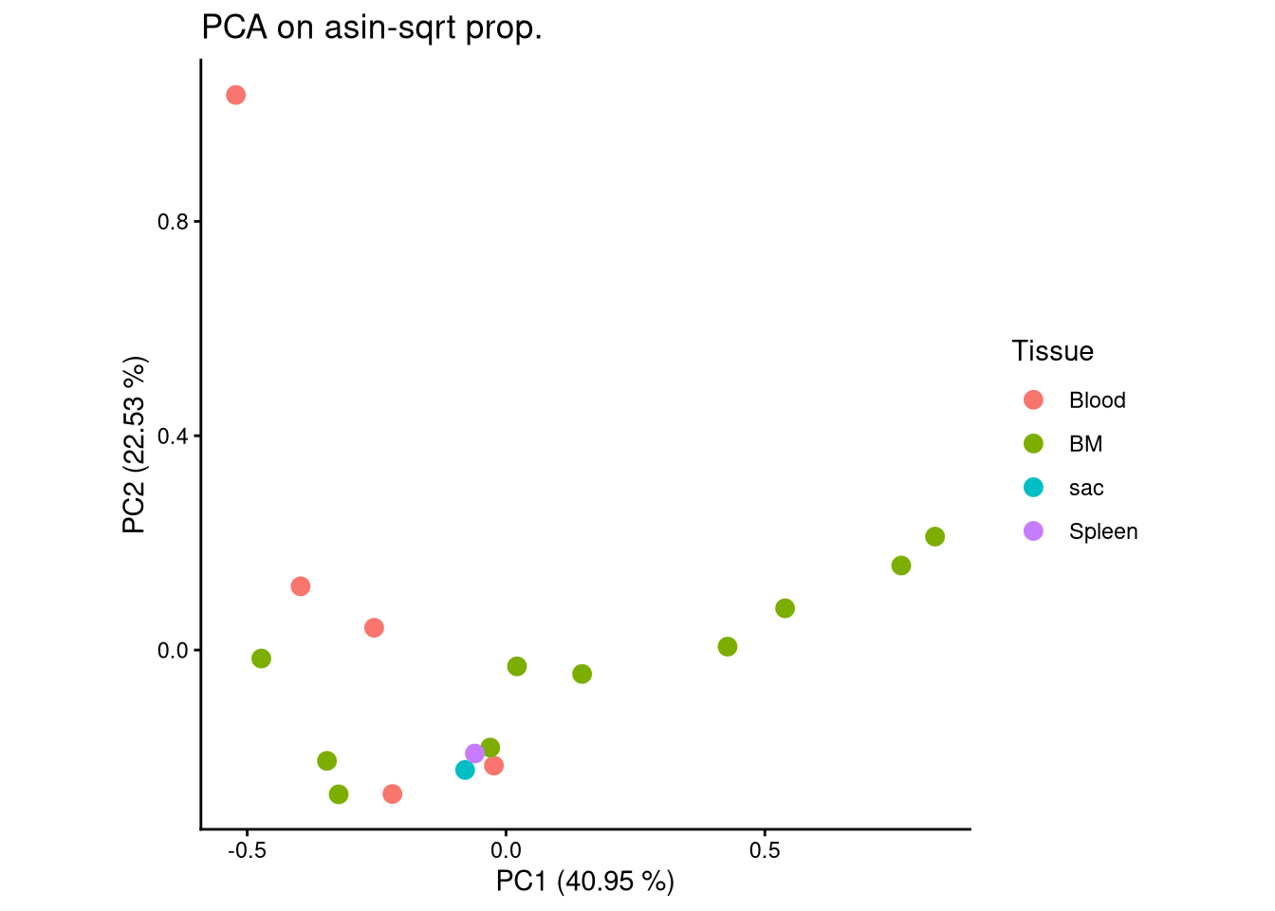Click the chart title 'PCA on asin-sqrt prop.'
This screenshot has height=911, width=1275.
pyautogui.click(x=372, y=28)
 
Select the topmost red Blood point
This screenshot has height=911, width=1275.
pyautogui.click(x=236, y=95)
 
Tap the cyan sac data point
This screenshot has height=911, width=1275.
pyautogui.click(x=465, y=770)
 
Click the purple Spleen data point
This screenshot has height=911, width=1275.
pyautogui.click(x=475, y=753)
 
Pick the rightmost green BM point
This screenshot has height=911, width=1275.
pyautogui.click(x=935, y=537)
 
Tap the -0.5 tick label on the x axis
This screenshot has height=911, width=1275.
pyautogui.click(x=247, y=849)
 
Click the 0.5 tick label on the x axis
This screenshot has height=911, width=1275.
pyautogui.click(x=765, y=849)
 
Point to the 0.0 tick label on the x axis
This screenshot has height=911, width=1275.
pyautogui.click(x=506, y=849)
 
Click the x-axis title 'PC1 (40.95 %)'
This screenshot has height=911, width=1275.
pyautogui.click(x=585, y=882)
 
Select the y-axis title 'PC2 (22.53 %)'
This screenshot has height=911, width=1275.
pyautogui.click(x=135, y=445)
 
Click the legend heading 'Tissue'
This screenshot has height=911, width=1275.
pyautogui.click(x=1052, y=351)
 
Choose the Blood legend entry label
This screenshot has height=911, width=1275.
pyautogui.click(x=1097, y=400)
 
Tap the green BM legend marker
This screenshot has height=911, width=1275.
pyautogui.click(x=1034, y=444)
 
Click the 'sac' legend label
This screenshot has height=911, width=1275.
pyautogui.click(x=1086, y=488)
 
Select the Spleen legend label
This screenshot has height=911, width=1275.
pyautogui.click(x=1102, y=531)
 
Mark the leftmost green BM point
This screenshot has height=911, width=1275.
pyautogui.click(x=262, y=659)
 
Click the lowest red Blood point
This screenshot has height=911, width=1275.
pyautogui.click(x=393, y=793)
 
